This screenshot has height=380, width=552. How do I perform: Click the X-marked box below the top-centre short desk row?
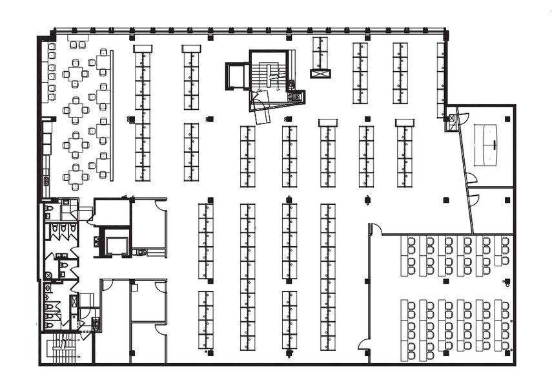(320, 74)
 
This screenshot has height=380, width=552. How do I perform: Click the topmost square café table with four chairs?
(76, 74)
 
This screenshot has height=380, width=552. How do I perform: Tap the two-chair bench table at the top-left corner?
(77, 43)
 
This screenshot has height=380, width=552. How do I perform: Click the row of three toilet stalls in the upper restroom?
(63, 228)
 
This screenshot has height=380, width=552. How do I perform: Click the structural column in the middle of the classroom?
(445, 282)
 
